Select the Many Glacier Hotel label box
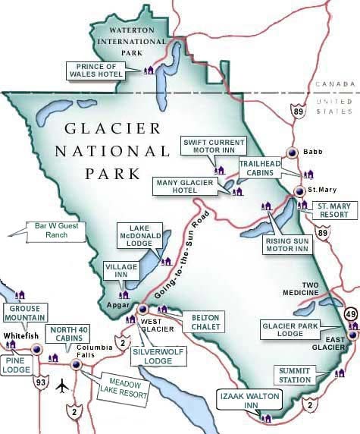point(189,187)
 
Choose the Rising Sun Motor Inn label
point(286,244)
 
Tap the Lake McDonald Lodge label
point(137,235)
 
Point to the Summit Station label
point(294,375)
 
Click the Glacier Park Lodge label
point(302,329)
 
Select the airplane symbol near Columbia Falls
point(61,385)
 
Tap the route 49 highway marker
point(350,314)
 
